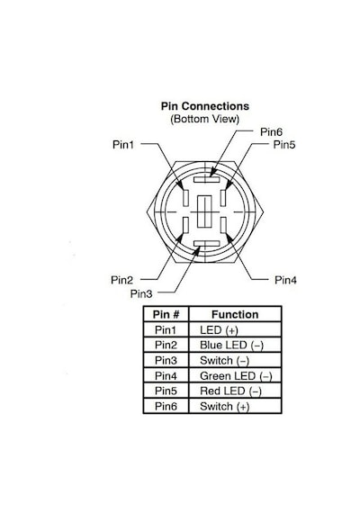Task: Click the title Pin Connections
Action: tap(205, 106)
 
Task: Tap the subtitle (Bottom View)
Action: tap(205, 119)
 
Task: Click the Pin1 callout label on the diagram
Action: tap(123, 144)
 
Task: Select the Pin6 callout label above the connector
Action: tap(271, 131)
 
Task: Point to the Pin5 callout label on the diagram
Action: tap(284, 144)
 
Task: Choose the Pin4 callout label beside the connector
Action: tap(285, 280)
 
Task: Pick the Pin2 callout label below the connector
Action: tap(122, 280)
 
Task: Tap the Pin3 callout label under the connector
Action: tap(141, 293)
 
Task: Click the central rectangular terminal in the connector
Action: tap(205, 211)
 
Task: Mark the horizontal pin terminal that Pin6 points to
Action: tap(206, 179)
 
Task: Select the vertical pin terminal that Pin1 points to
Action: tap(185, 198)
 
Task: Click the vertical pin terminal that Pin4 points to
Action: tap(223, 225)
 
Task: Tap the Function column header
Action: tap(235, 314)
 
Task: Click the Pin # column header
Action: tap(166, 314)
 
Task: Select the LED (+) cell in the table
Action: tap(219, 329)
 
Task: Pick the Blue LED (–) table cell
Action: tap(231, 346)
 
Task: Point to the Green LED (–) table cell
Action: tap(236, 376)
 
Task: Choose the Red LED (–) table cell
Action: tap(230, 391)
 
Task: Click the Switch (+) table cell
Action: tap(225, 406)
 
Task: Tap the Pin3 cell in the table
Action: tap(166, 361)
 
